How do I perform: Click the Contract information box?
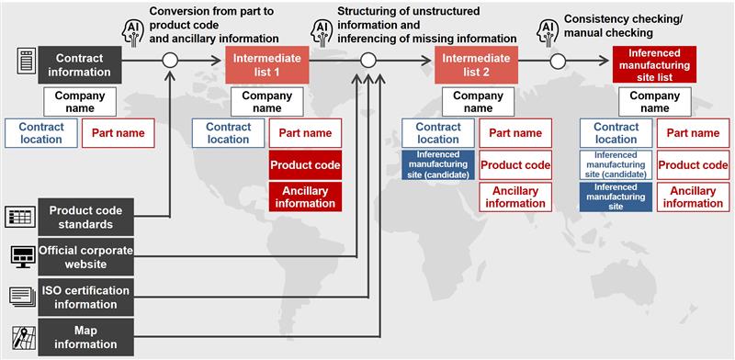80,64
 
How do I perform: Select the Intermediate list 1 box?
266,64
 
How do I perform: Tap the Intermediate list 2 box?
478,64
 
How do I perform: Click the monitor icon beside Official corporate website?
21,255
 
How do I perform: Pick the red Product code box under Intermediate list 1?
305,165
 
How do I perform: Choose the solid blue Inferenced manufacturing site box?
616,197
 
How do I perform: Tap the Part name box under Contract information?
119,133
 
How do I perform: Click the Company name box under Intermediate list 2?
478,102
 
